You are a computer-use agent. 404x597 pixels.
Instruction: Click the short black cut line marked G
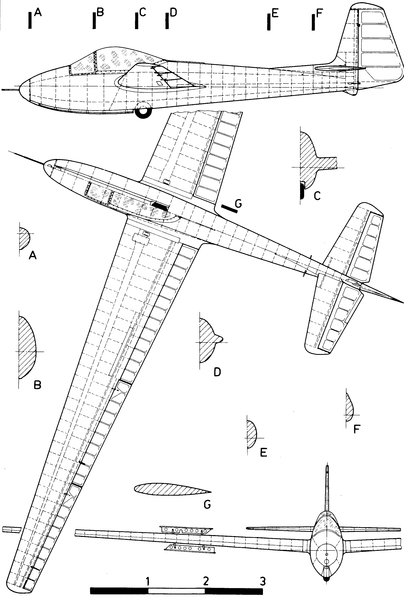[x=229, y=209]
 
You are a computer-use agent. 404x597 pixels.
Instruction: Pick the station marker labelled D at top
[x=167, y=21]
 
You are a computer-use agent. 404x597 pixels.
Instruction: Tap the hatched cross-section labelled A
[x=24, y=238]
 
